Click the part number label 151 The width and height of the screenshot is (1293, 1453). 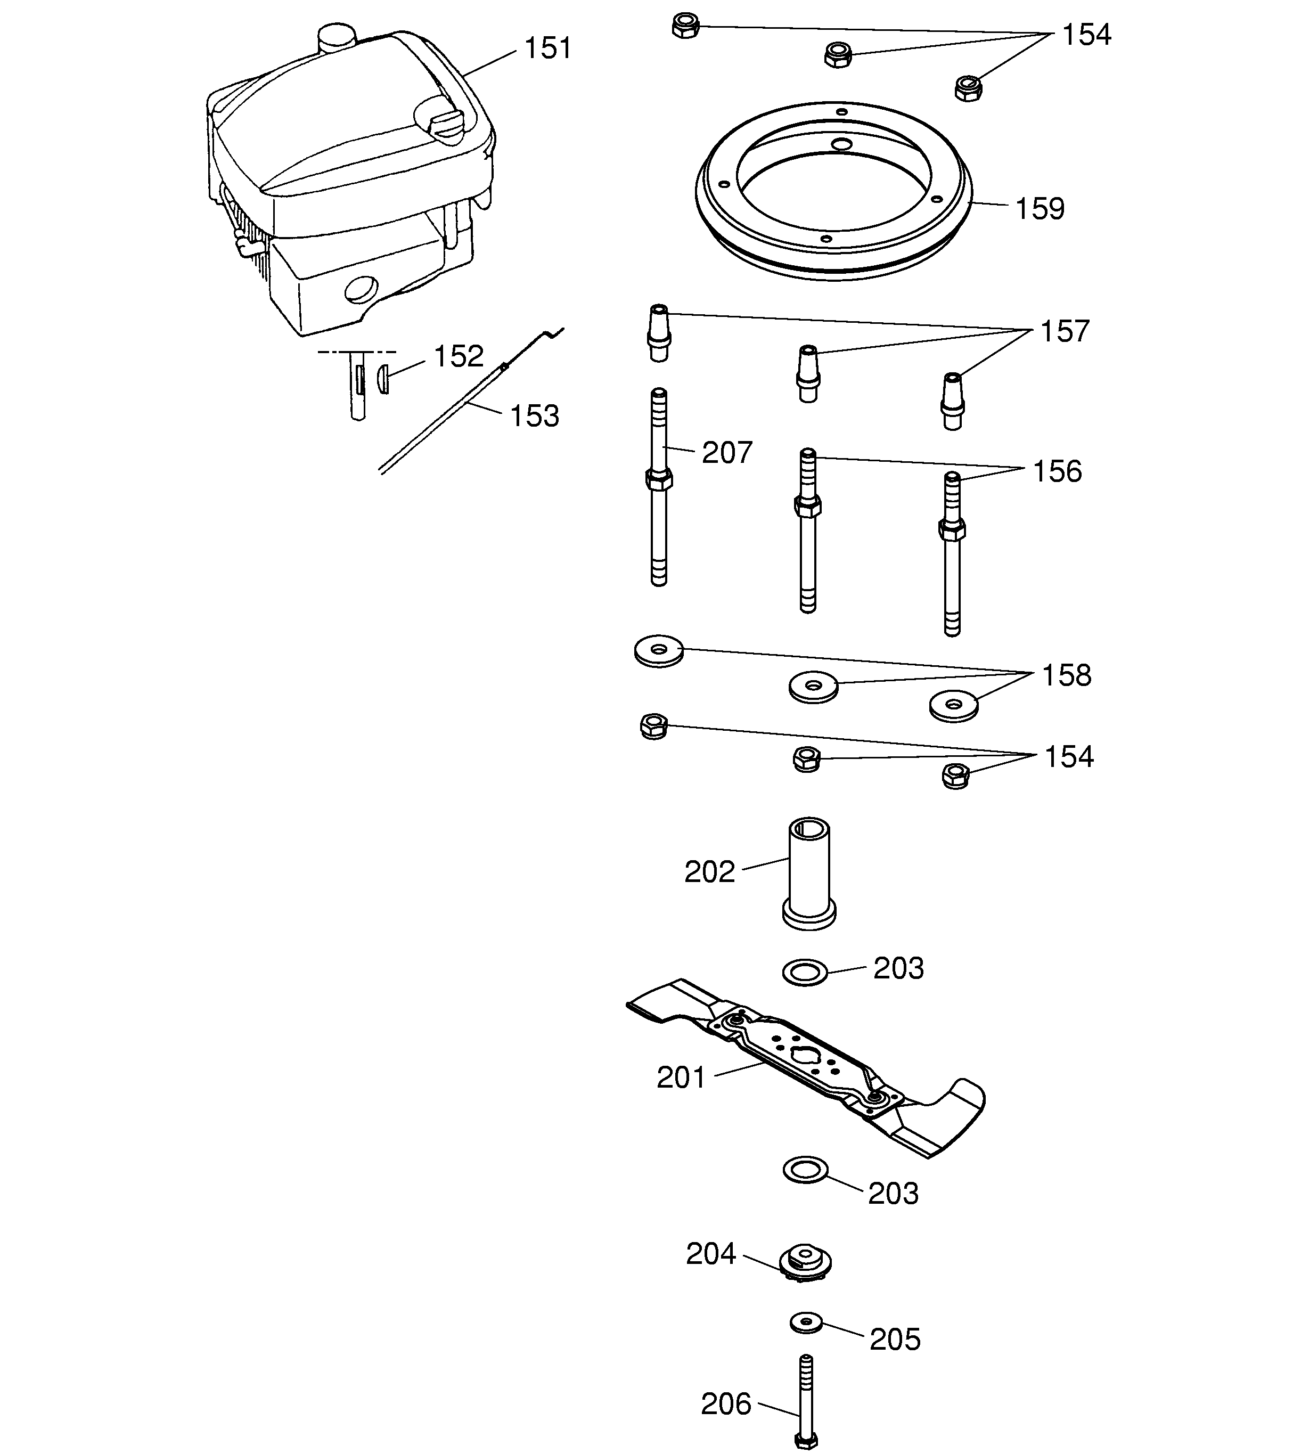pos(547,48)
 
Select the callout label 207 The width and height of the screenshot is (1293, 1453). pos(726,453)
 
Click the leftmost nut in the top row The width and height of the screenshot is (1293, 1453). pos(685,26)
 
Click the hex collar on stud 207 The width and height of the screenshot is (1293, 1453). pos(659,479)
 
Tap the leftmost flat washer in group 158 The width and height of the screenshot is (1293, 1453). pos(659,650)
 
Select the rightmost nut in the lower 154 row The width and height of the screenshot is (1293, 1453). pos(955,776)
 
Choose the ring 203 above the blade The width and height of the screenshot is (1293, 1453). pos(805,972)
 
